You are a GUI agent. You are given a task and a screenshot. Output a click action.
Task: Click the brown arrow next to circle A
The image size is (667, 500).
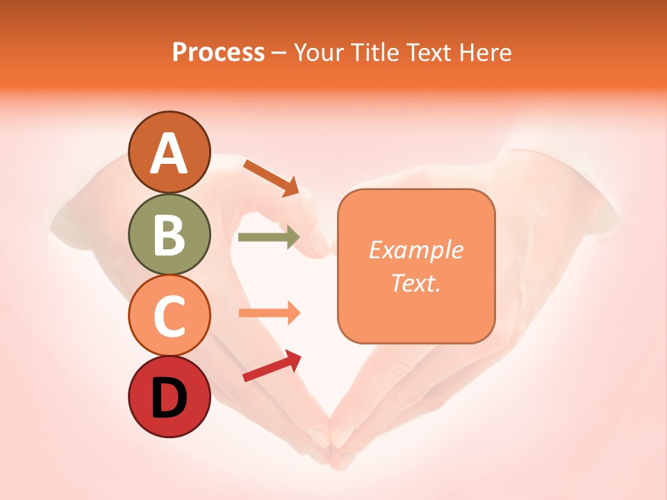pos(270,177)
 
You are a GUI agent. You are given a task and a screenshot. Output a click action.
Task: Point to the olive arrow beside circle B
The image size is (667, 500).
pos(269,237)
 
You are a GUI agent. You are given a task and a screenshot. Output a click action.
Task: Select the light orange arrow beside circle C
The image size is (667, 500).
pos(269,313)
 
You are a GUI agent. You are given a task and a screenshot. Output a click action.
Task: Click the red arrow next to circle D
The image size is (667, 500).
pos(272,366)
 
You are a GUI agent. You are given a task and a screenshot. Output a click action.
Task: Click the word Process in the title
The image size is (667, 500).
pos(218,52)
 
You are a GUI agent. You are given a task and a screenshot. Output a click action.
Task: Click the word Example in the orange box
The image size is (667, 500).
pos(415,250)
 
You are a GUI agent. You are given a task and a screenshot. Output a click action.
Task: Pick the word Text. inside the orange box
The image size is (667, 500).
pos(415,283)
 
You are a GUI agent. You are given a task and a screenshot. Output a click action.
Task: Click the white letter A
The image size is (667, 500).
pos(169,153)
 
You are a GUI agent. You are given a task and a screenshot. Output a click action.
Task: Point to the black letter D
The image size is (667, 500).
pos(169,397)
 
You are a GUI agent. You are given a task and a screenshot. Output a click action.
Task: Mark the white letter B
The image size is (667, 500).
pos(169,235)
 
